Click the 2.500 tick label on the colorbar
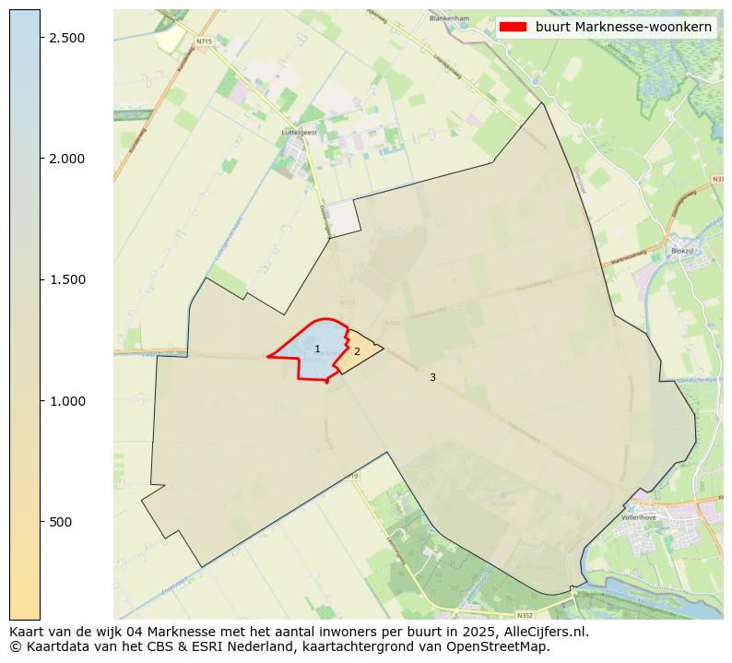point(67,37)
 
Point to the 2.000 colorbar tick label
point(67,159)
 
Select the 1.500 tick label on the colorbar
point(67,279)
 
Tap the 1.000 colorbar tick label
point(67,401)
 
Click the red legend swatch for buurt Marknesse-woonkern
point(513,27)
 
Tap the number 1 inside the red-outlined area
point(317,349)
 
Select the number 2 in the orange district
point(357,351)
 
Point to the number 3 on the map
point(432,377)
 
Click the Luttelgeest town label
point(298,132)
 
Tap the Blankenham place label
point(449,18)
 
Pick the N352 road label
point(525,615)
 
